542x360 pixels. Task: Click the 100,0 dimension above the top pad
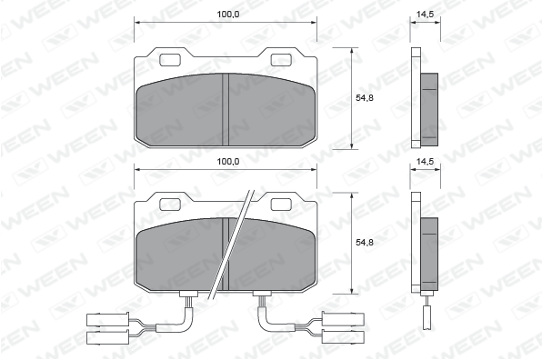(228, 15)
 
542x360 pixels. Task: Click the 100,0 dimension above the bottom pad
(228, 162)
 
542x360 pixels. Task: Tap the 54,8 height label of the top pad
(365, 98)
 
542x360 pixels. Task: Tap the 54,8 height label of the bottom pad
(365, 243)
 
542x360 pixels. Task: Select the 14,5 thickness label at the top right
(425, 15)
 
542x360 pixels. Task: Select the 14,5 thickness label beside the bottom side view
(425, 161)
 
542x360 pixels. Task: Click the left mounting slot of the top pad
(170, 60)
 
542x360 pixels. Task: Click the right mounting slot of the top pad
(281, 60)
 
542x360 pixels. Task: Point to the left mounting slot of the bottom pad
(170, 205)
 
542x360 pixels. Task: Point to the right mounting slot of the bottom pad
(281, 205)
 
